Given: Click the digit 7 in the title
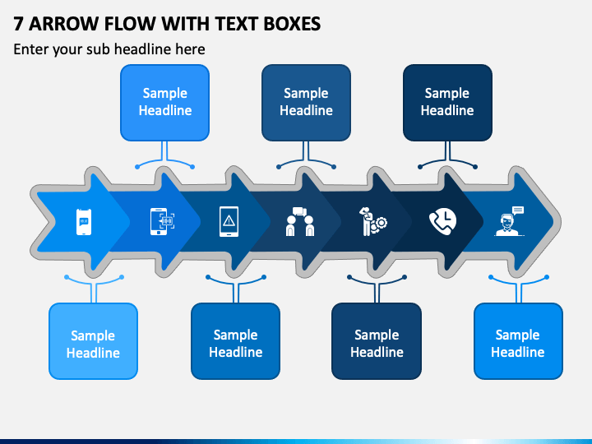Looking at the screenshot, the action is pyautogui.click(x=18, y=24).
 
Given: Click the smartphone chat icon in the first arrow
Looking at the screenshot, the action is pyautogui.click(x=84, y=222).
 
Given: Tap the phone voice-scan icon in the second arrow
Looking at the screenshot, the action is pyautogui.click(x=163, y=222).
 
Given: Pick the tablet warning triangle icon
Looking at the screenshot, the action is pyautogui.click(x=229, y=222).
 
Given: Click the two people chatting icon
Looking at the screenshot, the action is pyautogui.click(x=300, y=222).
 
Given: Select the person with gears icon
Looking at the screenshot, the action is pyautogui.click(x=372, y=222).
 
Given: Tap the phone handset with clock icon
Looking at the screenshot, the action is pyautogui.click(x=443, y=221).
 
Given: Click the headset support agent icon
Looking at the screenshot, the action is pyautogui.click(x=509, y=221).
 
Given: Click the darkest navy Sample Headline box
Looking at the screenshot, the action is pyautogui.click(x=447, y=103).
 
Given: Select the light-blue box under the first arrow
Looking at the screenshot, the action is pyautogui.click(x=93, y=341).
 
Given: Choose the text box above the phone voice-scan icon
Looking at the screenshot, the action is pyautogui.click(x=165, y=103).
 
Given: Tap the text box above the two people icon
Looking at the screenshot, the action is pyautogui.click(x=306, y=103).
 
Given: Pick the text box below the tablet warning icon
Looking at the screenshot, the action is pyautogui.click(x=236, y=341).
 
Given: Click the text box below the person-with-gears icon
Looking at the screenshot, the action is pyautogui.click(x=377, y=341).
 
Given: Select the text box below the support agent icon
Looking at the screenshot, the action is pyautogui.click(x=518, y=341).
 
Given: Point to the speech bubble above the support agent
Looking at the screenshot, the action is pyautogui.click(x=518, y=210).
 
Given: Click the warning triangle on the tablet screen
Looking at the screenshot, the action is pyautogui.click(x=229, y=220).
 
